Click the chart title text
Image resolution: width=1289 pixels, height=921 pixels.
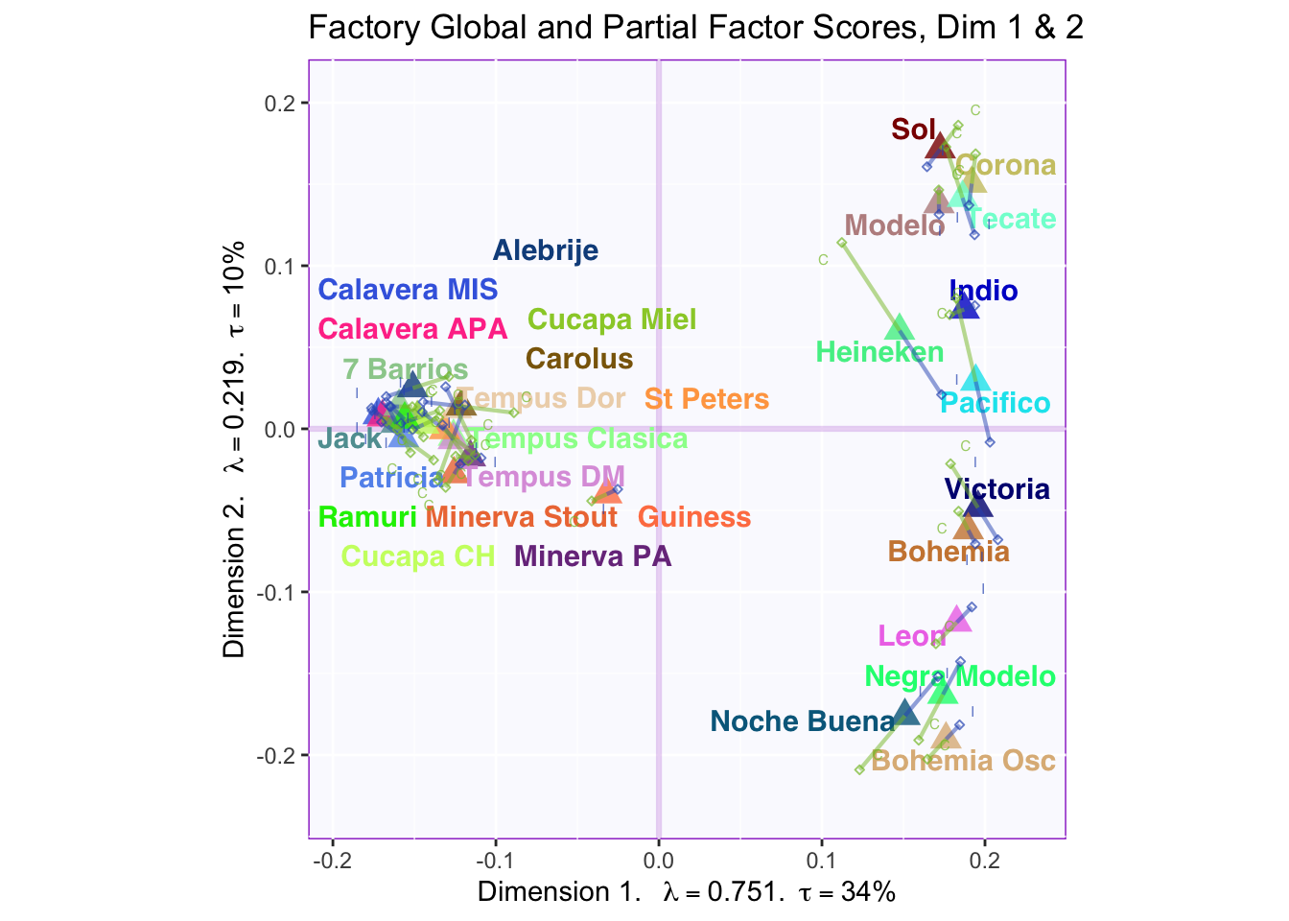coord(695,27)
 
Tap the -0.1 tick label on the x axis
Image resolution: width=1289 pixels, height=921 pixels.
coord(496,857)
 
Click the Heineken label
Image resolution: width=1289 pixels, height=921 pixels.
coord(879,352)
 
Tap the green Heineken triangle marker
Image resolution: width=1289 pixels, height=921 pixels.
coord(900,328)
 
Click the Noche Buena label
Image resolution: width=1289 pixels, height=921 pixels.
coord(803,721)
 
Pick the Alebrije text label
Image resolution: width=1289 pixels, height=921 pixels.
coord(546,250)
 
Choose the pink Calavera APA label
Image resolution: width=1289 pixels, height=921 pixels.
coord(412,329)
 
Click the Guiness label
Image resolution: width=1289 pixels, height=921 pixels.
coord(694,518)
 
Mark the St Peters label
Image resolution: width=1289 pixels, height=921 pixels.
coord(707,399)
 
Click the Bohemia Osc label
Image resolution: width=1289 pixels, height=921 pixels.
coord(963,762)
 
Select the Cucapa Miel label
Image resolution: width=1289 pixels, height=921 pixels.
coord(612,319)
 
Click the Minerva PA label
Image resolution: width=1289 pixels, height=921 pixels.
coord(593,556)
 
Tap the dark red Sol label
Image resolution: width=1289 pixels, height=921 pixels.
coord(913,129)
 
